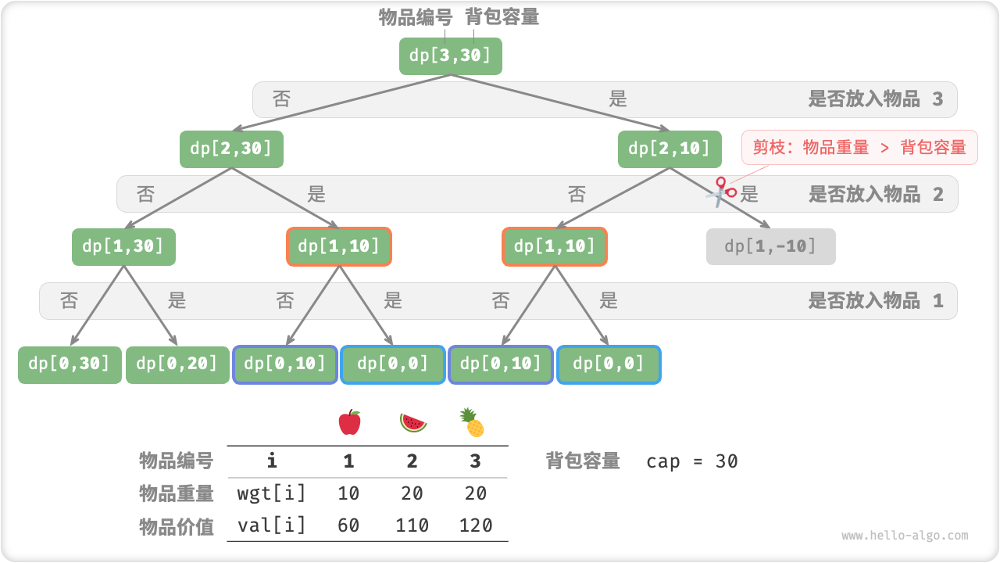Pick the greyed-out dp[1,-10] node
click(x=770, y=246)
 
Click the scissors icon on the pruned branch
click(x=720, y=191)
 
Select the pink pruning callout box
click(x=859, y=147)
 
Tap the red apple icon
click(x=349, y=423)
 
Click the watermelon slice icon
click(x=413, y=423)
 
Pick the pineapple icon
click(x=473, y=423)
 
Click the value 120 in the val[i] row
click(x=475, y=525)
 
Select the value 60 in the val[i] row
click(x=348, y=525)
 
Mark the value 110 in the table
click(x=412, y=525)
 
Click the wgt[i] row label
click(x=271, y=493)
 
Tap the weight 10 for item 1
click(x=348, y=493)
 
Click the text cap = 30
click(x=691, y=461)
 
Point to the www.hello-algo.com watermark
click(x=905, y=536)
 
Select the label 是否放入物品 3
click(x=875, y=99)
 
